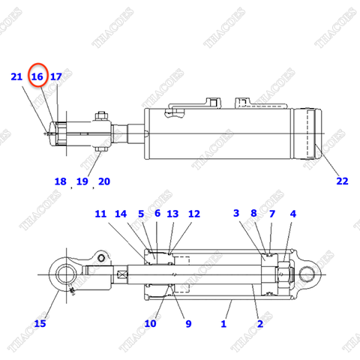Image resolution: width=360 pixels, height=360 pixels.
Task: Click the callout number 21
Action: (16, 76)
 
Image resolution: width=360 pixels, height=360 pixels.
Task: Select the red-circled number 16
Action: (37, 76)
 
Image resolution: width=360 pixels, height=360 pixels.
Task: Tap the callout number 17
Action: (56, 76)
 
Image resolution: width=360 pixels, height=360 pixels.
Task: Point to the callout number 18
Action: (61, 181)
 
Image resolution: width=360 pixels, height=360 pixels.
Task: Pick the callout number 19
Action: (82, 181)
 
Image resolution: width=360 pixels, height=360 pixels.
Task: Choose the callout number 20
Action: (103, 181)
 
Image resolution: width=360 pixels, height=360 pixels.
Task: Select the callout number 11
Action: (101, 214)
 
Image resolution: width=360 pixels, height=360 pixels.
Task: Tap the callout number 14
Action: (121, 214)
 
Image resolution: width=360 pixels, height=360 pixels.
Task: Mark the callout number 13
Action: (172, 214)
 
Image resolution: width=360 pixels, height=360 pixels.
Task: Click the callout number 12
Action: (194, 214)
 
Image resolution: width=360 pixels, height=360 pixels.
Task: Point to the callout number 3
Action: (236, 214)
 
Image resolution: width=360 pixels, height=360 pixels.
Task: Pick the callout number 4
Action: (293, 214)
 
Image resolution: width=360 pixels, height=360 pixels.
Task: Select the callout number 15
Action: (40, 323)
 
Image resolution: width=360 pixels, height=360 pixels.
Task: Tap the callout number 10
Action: (150, 323)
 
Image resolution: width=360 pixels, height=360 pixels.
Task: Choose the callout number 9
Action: (188, 323)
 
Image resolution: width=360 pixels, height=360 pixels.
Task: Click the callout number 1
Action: (223, 323)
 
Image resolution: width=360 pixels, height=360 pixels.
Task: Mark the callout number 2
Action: (259, 323)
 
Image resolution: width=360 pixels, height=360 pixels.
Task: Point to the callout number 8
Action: (254, 214)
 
